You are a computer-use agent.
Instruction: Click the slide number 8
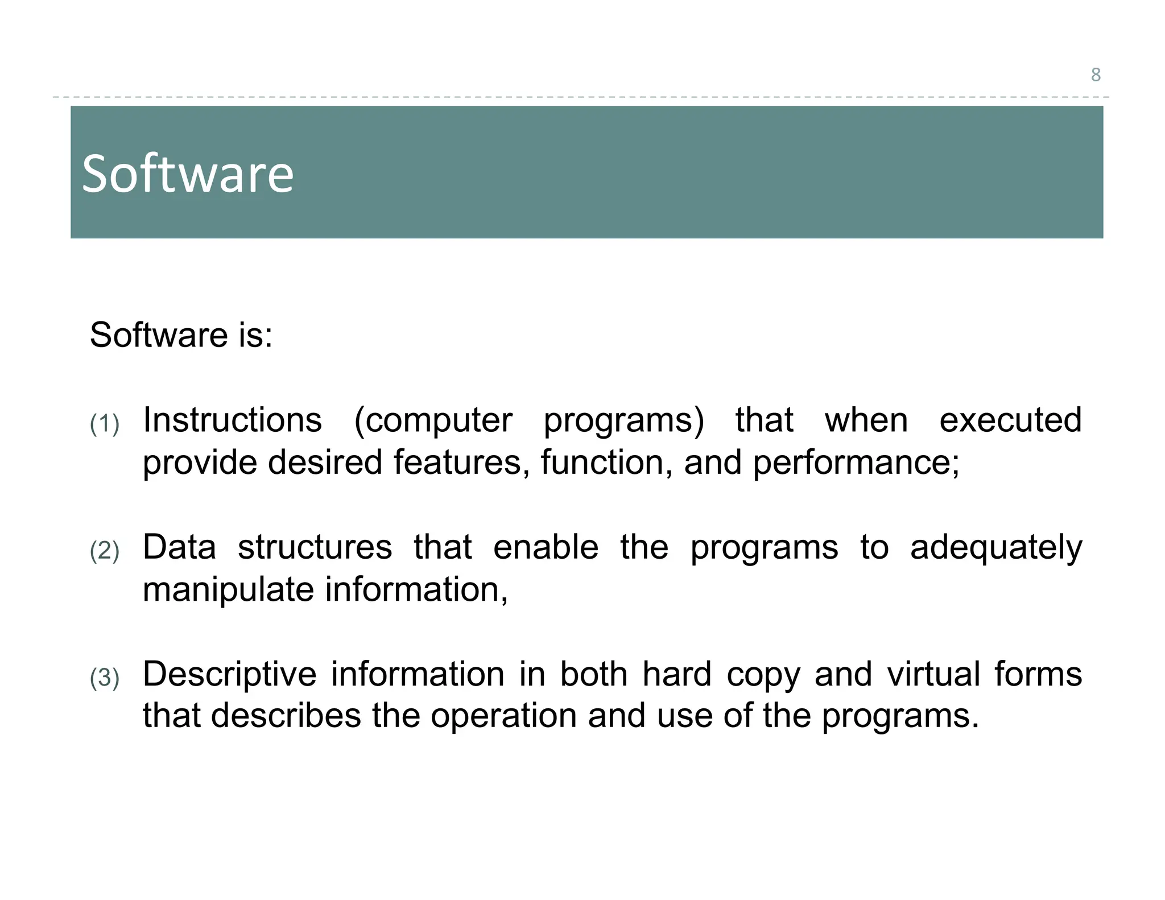click(x=1096, y=75)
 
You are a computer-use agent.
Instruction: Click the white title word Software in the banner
click(x=188, y=174)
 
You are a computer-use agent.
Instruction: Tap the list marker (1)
click(x=105, y=424)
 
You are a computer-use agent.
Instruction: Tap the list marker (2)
click(x=105, y=551)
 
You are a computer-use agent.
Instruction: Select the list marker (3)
click(x=105, y=678)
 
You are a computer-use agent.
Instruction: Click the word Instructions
click(x=232, y=420)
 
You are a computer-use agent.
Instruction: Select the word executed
click(x=1010, y=420)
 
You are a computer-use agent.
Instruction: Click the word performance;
click(x=856, y=463)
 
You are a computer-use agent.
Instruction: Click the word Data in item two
click(x=179, y=547)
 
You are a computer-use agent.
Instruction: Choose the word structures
click(x=315, y=547)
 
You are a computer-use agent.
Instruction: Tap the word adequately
click(x=995, y=548)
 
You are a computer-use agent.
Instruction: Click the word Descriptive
click(x=229, y=675)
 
